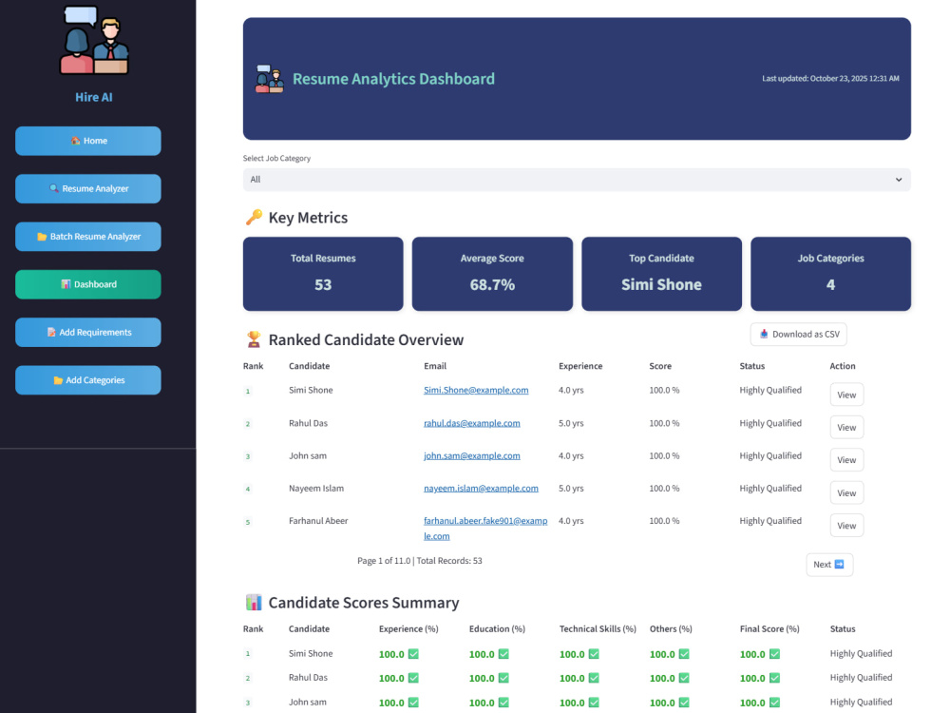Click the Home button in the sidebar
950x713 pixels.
tap(87, 141)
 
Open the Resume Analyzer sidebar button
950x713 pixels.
tap(87, 188)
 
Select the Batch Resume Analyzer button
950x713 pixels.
tap(87, 237)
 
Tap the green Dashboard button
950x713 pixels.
tap(87, 284)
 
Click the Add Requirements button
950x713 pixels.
tap(87, 332)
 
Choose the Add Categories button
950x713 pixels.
tap(87, 380)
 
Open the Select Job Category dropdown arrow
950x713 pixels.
tap(899, 180)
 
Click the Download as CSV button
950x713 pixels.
tap(799, 334)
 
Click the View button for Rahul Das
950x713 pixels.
tap(846, 428)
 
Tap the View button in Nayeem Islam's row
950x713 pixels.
tap(846, 492)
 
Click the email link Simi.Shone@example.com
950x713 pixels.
tap(476, 390)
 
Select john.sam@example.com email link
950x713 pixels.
tap(471, 455)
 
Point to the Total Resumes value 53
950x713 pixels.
tap(323, 285)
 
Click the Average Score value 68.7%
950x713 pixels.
tap(492, 285)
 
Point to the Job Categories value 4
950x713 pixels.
tap(830, 285)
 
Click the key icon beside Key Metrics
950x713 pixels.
tap(254, 217)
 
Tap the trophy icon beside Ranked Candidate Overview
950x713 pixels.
tap(254, 339)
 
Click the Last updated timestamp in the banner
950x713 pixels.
tap(830, 78)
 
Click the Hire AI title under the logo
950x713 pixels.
tap(94, 97)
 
